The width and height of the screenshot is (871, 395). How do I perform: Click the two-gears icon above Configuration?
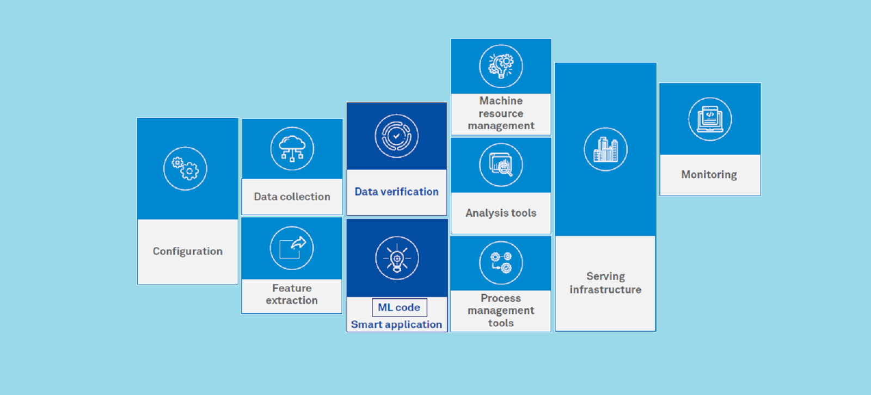185,168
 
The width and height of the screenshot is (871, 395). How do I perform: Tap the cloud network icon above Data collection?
292,149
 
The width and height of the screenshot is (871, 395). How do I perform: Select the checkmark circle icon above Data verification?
397,136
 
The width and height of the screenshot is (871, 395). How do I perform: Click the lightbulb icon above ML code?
397,258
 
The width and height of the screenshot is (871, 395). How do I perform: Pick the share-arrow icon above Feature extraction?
292,248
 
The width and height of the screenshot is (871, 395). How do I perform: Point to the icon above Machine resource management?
501,66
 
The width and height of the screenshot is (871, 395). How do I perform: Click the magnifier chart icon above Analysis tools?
501,165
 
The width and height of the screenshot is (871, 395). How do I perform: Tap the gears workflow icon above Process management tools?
501,263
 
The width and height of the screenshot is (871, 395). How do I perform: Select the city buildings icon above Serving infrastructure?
605,149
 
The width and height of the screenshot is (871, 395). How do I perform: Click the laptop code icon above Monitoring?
710,119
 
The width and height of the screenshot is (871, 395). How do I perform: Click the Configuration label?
187,251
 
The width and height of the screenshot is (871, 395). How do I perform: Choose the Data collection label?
292,197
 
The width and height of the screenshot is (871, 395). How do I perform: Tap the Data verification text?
397,191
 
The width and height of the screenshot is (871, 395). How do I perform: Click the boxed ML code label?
400,307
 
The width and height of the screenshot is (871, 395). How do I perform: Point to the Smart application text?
397,325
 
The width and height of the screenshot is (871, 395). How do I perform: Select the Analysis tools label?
501,213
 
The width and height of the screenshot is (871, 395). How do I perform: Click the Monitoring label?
709,174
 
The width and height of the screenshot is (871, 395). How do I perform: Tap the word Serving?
605,276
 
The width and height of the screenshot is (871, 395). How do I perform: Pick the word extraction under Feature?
292,300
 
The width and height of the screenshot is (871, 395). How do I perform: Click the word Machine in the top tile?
501,101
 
